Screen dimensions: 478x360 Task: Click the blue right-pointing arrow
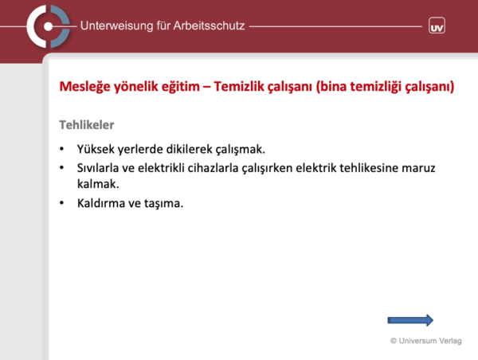point(410,320)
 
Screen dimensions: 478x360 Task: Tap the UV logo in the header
point(437,25)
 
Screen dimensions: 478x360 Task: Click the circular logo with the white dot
point(48,26)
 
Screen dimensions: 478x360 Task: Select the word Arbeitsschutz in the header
point(209,25)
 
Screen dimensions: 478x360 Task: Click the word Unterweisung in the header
point(116,26)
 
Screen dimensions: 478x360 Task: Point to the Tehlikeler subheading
point(87,125)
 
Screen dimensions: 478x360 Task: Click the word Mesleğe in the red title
point(84,87)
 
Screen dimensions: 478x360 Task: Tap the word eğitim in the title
point(181,87)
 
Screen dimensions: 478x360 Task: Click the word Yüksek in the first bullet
point(96,149)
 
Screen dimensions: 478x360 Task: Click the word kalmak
point(98,184)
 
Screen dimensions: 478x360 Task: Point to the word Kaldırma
point(101,203)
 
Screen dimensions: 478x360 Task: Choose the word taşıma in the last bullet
point(163,204)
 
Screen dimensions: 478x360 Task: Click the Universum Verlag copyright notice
point(426,341)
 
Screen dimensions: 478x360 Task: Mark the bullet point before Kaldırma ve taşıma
point(62,203)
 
